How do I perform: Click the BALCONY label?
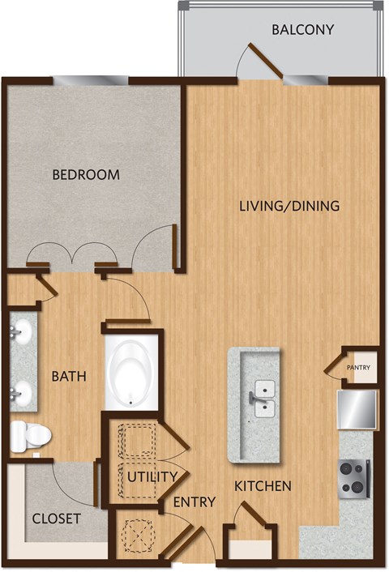(x=303, y=31)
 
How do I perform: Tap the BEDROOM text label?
(x=86, y=174)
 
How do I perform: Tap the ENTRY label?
(x=194, y=502)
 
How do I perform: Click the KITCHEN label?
(x=263, y=486)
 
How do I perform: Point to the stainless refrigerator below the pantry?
(x=358, y=409)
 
